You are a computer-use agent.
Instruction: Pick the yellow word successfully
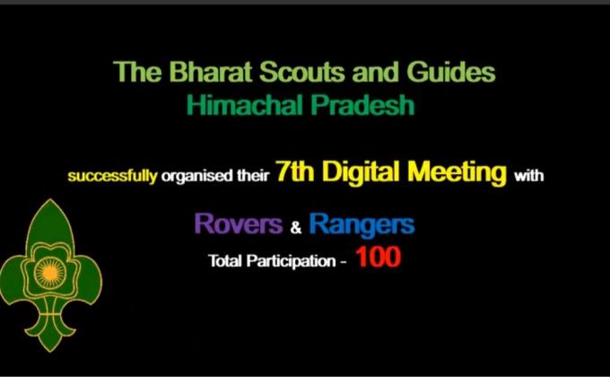point(112,177)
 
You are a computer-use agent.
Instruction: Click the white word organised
point(193,177)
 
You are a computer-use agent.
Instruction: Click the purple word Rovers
point(238,224)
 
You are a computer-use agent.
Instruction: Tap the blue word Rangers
point(362,224)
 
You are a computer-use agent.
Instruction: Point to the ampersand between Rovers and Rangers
point(297,228)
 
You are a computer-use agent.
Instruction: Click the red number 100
point(378,259)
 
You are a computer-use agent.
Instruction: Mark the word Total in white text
point(224,262)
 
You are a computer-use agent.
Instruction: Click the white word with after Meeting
point(528,177)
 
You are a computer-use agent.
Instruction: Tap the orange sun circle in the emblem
point(52,270)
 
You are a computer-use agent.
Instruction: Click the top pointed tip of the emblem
point(52,201)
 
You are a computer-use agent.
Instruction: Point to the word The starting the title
point(130,72)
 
